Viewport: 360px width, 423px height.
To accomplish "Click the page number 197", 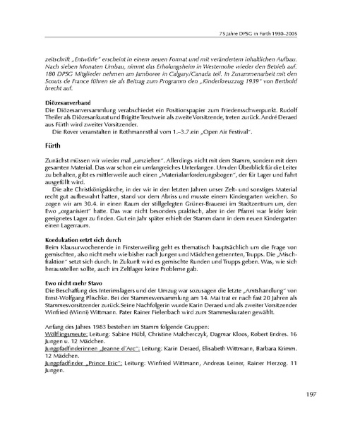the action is (334, 394).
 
